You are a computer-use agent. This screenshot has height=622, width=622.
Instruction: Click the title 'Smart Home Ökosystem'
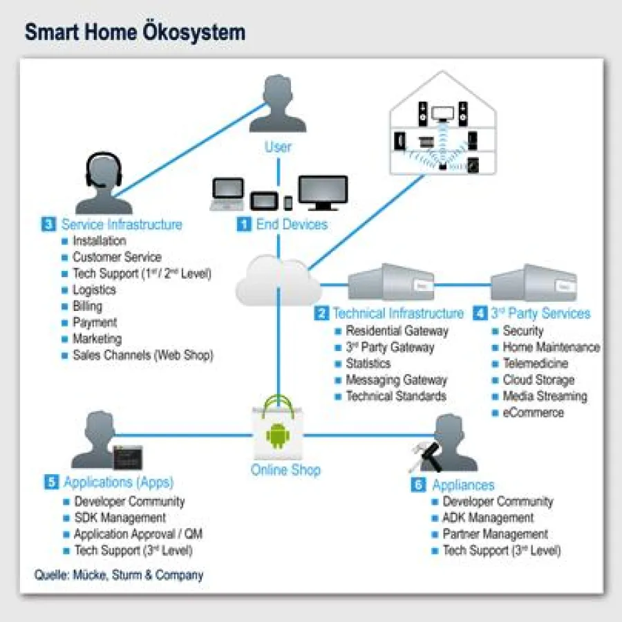tap(135, 32)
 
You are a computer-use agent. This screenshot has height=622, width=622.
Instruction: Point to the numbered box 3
tap(49, 224)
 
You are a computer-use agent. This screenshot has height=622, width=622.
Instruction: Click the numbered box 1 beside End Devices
tap(244, 224)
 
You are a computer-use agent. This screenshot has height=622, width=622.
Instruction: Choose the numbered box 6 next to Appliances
tap(418, 484)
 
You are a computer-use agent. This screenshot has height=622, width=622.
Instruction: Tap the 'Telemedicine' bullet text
tap(535, 363)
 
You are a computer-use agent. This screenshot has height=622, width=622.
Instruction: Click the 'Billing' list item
tap(87, 306)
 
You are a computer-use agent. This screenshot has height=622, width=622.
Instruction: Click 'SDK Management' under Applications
tap(120, 518)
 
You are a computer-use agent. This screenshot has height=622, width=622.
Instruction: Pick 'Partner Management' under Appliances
tap(495, 534)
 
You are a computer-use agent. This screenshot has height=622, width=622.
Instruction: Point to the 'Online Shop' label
tap(285, 470)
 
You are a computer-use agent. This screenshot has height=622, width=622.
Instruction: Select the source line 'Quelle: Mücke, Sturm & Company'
tap(119, 574)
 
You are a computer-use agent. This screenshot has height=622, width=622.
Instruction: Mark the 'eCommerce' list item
tap(533, 413)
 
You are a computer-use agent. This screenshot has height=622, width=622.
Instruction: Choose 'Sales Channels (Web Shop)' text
tap(143, 355)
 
